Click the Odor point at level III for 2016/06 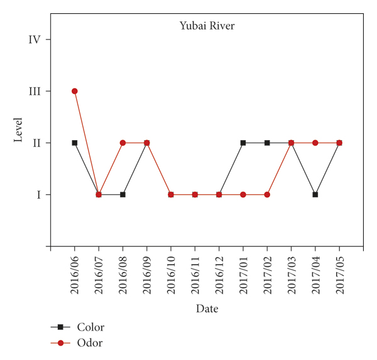pos(75,91)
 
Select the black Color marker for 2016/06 pos(75,143)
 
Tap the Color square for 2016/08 pos(123,195)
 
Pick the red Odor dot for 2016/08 pos(123,143)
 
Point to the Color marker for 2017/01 pos(243,143)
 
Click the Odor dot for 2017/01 pos(243,195)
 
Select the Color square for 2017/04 pos(315,195)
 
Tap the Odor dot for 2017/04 pos(315,143)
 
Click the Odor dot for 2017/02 pos(267,195)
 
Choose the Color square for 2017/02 pos(267,143)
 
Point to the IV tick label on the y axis pos(35,40)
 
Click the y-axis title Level pos(19,129)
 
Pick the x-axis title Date pos(207,308)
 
